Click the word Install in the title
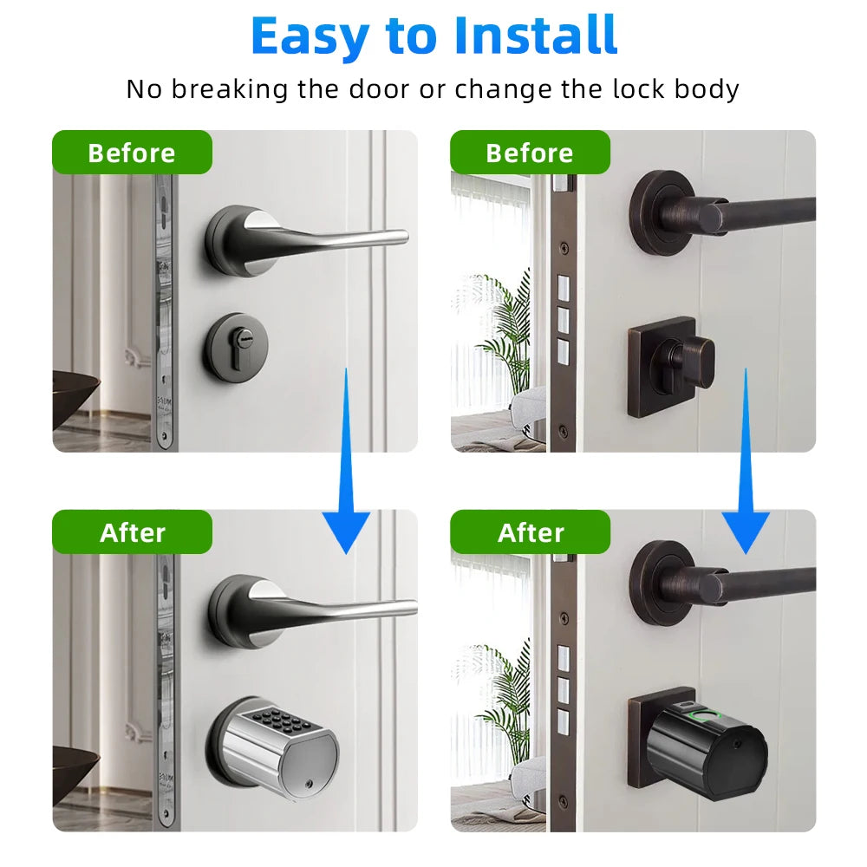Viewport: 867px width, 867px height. click(x=536, y=36)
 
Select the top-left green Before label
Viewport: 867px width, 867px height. click(x=132, y=153)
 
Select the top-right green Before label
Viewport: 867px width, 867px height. click(x=529, y=153)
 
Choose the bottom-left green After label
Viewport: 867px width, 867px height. click(x=132, y=531)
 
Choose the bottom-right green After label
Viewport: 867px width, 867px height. click(x=530, y=531)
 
